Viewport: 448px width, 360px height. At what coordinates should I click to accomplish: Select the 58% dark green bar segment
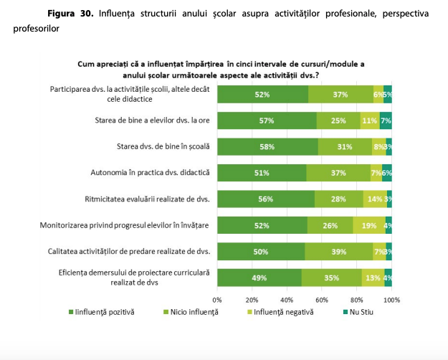267,146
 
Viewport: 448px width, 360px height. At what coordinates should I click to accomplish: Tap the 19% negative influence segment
368,226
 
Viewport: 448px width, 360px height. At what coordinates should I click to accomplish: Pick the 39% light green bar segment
338,252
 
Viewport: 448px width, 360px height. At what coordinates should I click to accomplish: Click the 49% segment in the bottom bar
259,278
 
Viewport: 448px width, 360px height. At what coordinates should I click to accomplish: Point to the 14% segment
374,199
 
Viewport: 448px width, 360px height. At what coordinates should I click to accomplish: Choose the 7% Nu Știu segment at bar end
386,120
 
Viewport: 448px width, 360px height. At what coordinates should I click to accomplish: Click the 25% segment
338,120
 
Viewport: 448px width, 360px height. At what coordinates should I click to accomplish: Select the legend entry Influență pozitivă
105,312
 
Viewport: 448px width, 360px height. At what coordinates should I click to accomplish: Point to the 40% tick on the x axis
287,299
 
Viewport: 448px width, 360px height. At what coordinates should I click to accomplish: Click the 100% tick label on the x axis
391,299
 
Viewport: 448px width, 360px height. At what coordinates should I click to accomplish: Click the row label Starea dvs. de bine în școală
162,146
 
